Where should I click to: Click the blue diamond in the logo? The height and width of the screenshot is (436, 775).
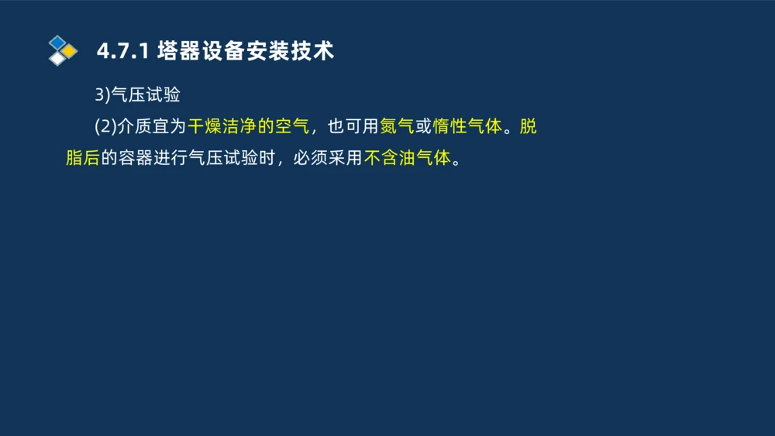[x=57, y=42]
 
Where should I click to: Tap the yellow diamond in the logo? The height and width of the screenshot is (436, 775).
[x=69, y=51]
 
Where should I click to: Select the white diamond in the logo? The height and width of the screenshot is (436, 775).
[x=57, y=59]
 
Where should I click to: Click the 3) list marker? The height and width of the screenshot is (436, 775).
[x=103, y=95]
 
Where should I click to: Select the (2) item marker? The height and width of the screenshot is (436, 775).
[x=105, y=126]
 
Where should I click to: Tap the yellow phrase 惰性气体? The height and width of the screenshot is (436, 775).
[x=467, y=126]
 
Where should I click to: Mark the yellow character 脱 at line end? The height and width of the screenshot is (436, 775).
[x=528, y=126]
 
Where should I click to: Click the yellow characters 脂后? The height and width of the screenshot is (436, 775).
[x=82, y=158]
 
